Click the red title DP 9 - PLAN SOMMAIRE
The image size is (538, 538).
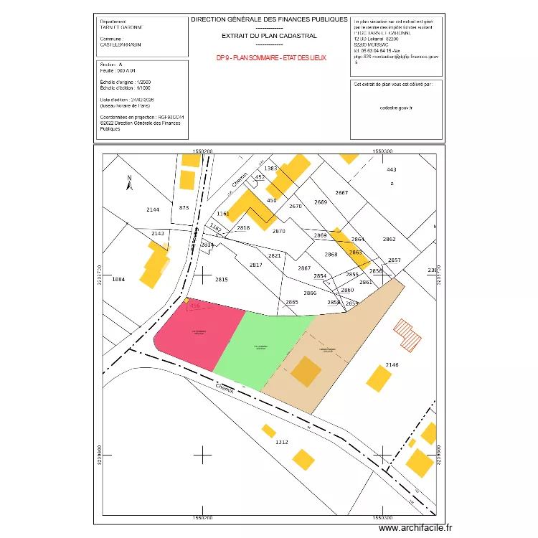pyautogui.click(x=270, y=57)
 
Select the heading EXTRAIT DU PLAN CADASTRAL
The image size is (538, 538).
pyautogui.click(x=269, y=34)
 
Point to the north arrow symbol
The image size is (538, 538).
pyautogui.click(x=130, y=184)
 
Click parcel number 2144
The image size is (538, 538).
pyautogui.click(x=153, y=209)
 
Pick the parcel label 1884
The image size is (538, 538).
pyautogui.click(x=119, y=279)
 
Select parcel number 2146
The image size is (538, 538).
pyautogui.click(x=392, y=366)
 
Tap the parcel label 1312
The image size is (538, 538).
pyautogui.click(x=281, y=443)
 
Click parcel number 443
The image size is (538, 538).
pyautogui.click(x=391, y=169)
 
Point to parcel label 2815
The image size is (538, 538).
pyautogui.click(x=221, y=280)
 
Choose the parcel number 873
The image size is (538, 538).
pyautogui.click(x=184, y=207)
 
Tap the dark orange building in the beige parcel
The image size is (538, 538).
pyautogui.click(x=306, y=371)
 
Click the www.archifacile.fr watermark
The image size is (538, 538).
pyautogui.click(x=416, y=528)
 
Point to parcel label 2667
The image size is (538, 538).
pyautogui.click(x=341, y=193)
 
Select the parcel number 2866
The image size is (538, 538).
pyautogui.click(x=310, y=293)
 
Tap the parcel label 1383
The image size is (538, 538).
pyautogui.click(x=270, y=168)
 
